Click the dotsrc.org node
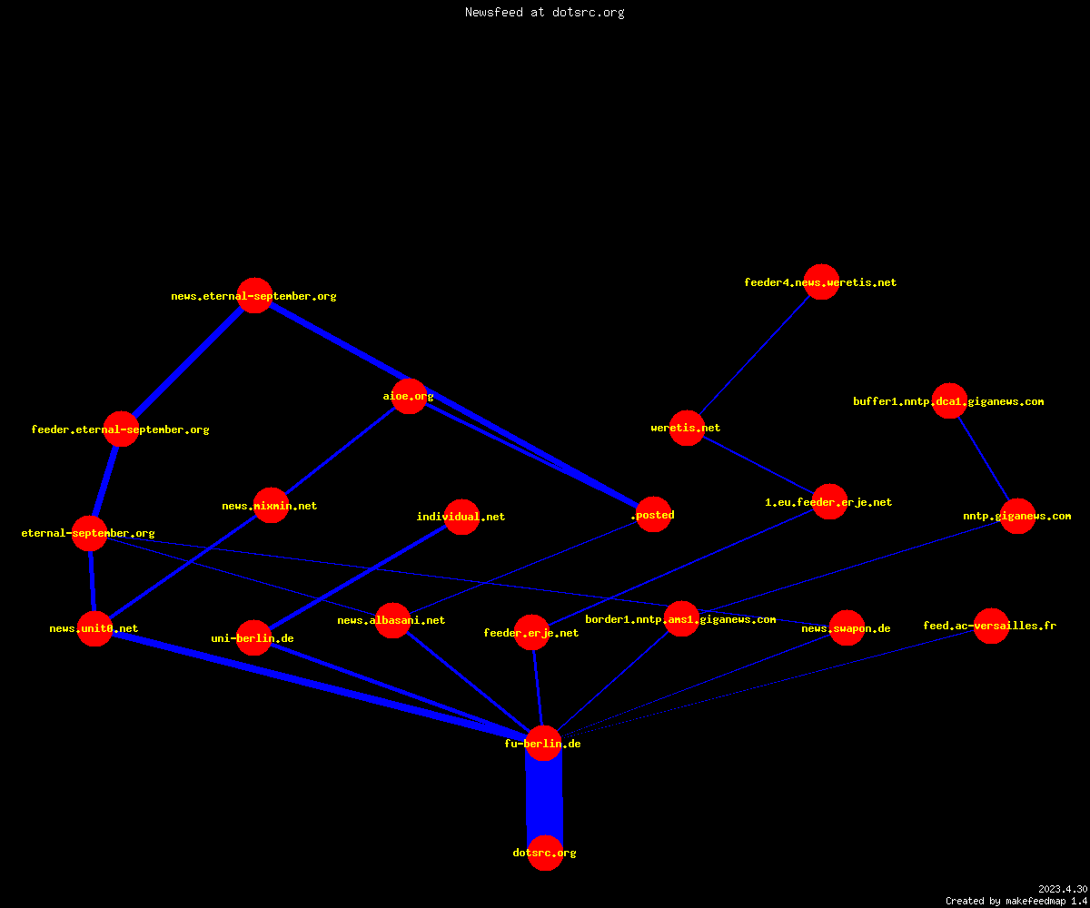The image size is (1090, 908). point(545,853)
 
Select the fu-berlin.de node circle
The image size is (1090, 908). point(543,743)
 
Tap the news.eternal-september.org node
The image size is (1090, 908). point(254,295)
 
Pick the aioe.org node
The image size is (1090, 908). point(409,396)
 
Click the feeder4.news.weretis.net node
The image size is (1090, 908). point(821,281)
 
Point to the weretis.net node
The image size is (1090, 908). point(687,428)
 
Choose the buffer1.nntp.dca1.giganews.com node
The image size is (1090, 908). point(949,400)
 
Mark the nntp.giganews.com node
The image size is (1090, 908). point(1017,516)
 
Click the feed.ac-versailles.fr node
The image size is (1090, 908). point(991,626)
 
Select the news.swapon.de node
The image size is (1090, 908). point(847,627)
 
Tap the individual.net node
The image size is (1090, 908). point(461,517)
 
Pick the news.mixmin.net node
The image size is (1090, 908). point(271,505)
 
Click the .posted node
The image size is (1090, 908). point(653,515)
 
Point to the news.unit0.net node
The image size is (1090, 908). point(94,628)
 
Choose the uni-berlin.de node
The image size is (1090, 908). point(253,637)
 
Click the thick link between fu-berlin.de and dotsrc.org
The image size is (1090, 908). point(544,798)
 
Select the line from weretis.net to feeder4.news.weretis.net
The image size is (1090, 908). point(754,355)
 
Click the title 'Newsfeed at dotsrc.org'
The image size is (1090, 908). point(544,12)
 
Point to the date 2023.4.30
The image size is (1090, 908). point(1063,889)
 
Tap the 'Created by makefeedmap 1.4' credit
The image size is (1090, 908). point(1016,901)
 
